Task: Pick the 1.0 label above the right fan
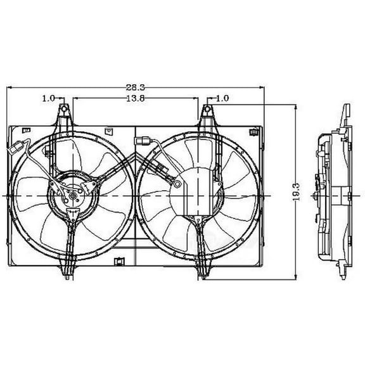(x=222, y=99)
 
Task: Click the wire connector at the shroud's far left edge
(x=14, y=149)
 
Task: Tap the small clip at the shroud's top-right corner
(x=253, y=132)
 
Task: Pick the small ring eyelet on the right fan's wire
(x=179, y=185)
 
